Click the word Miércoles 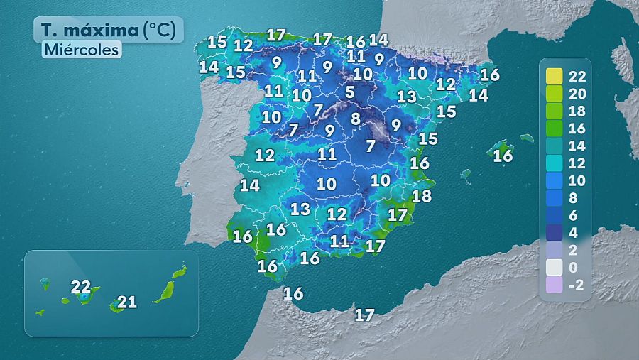[80, 50]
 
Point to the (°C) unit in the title [163, 31]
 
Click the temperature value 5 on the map [350, 92]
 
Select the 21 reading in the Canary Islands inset [126, 302]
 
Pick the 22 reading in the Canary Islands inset [81, 287]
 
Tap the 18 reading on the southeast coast [422, 196]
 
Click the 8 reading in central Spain [355, 119]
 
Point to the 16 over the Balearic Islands [503, 156]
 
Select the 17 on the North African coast [364, 315]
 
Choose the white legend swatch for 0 [555, 267]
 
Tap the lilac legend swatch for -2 [555, 285]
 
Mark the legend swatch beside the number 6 [555, 215]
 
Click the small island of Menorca [526, 138]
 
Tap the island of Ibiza [466, 173]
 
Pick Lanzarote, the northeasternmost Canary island [180, 271]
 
